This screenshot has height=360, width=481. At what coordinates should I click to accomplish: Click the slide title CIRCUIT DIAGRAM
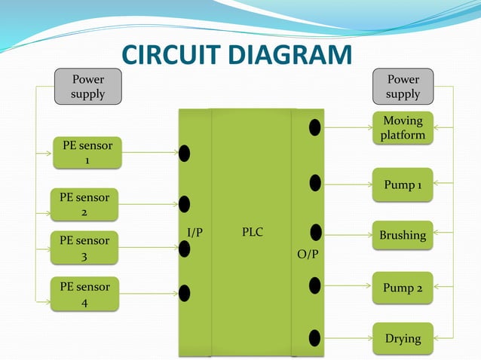click(x=237, y=56)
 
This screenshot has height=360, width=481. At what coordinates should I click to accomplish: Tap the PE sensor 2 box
click(x=84, y=204)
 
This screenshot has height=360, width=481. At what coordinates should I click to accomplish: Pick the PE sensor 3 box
click(x=84, y=248)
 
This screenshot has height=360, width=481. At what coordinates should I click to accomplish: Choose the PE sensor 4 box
click(x=84, y=294)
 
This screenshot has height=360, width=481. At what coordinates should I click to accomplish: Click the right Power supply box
click(x=403, y=86)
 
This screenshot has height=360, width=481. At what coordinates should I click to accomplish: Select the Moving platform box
click(x=403, y=128)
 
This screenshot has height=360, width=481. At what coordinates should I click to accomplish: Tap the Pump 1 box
click(x=403, y=185)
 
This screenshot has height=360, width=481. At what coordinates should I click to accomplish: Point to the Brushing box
click(x=403, y=235)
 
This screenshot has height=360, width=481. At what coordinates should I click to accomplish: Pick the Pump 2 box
click(x=403, y=288)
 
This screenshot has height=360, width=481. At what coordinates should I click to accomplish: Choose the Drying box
click(x=403, y=338)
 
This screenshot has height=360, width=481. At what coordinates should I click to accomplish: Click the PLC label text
click(x=253, y=232)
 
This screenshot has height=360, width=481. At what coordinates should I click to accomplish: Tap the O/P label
click(x=307, y=255)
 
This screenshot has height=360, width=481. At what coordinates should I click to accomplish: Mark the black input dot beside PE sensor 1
click(x=184, y=154)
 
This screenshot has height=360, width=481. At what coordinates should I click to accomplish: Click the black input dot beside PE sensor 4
click(x=184, y=293)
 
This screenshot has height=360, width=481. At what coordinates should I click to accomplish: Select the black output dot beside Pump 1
click(x=315, y=182)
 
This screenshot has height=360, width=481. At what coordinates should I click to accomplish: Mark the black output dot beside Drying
click(x=315, y=337)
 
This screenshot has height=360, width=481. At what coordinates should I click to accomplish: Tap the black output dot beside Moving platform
click(x=315, y=127)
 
